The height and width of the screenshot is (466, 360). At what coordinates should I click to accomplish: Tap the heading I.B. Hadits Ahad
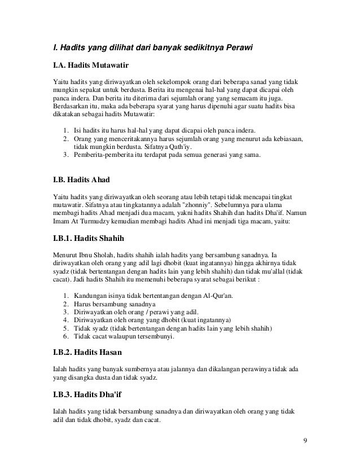[x=81, y=180]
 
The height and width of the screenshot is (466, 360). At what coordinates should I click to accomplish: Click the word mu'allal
[x=270, y=271]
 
